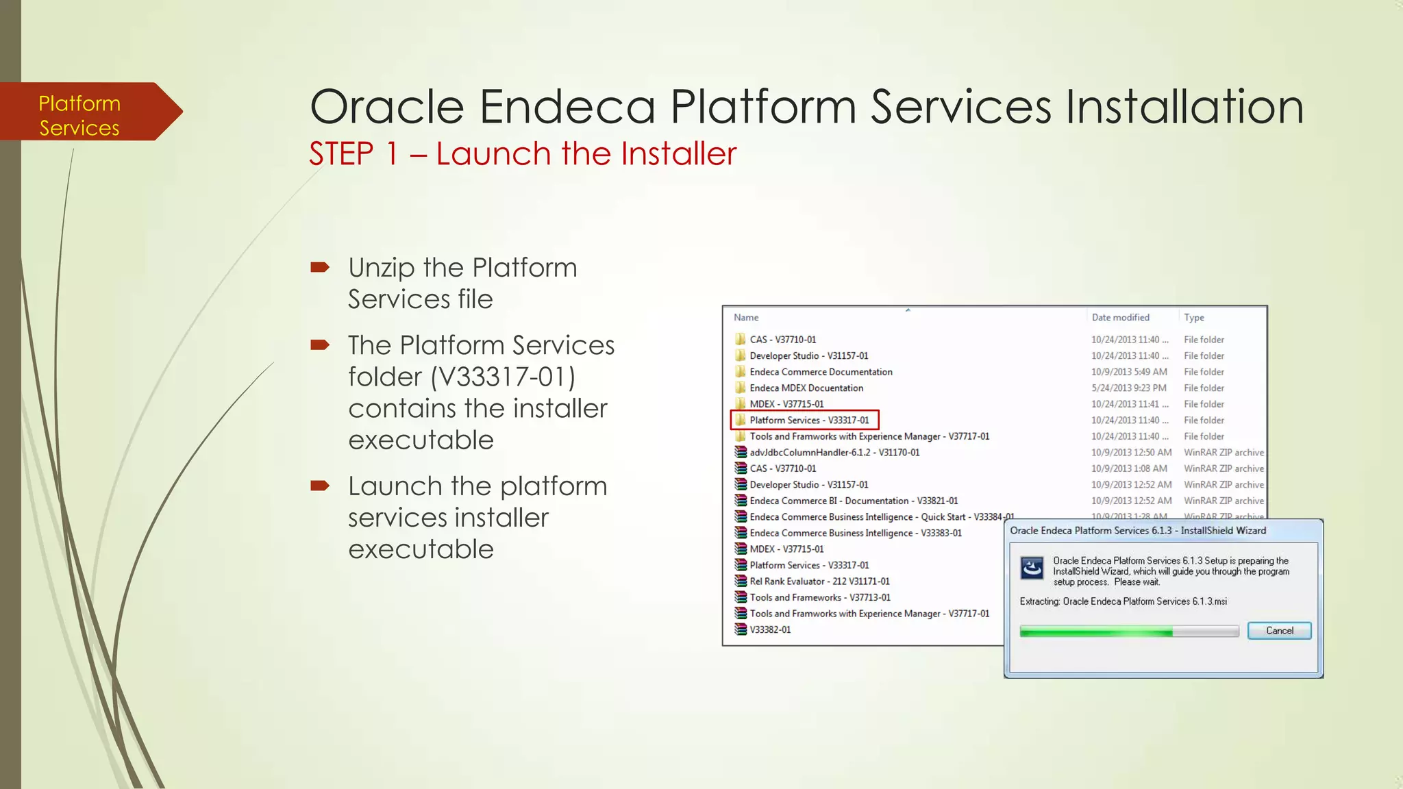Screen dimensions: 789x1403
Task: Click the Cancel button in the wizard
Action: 1278,630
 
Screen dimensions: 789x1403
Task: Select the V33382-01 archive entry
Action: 769,629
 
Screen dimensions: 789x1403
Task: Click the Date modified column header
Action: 1120,317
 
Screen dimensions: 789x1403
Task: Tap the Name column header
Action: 746,317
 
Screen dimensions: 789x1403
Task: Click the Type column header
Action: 1193,317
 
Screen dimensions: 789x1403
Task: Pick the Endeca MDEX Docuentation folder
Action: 806,388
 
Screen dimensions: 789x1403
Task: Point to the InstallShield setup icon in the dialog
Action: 1032,568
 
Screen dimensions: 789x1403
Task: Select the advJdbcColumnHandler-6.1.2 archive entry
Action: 834,452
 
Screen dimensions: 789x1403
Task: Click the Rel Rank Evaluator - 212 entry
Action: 819,581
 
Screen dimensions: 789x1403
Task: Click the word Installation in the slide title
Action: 1183,107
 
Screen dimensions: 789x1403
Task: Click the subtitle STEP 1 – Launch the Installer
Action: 522,153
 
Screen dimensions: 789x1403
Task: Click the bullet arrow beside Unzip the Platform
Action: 320,266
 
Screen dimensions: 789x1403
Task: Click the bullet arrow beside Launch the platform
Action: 320,486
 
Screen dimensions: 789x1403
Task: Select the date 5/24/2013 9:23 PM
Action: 1128,388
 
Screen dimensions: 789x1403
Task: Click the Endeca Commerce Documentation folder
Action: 820,372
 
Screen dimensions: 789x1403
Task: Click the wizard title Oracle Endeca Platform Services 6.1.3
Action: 1137,530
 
